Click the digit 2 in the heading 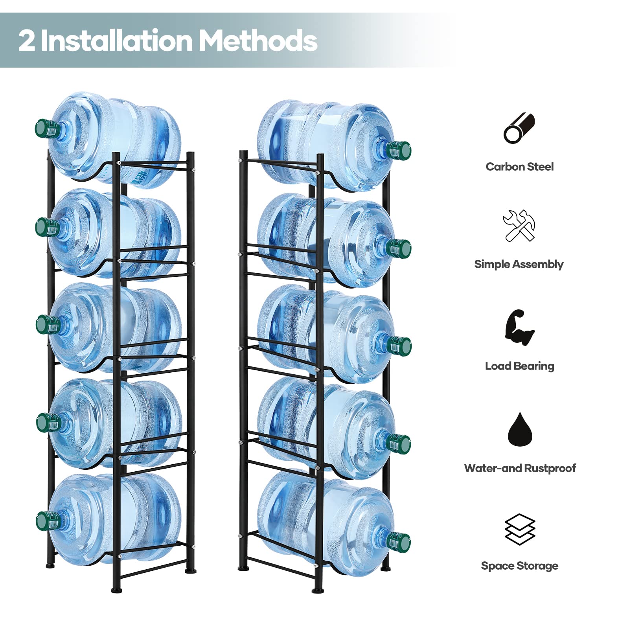click(x=27, y=40)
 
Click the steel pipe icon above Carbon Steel click(x=519, y=128)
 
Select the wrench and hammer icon click(x=519, y=225)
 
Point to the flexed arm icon click(x=519, y=327)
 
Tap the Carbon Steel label click(x=519, y=167)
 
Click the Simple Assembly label click(x=519, y=264)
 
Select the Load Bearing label click(x=519, y=366)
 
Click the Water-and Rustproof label click(x=520, y=468)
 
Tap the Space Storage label click(x=519, y=566)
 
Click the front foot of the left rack click(x=116, y=589)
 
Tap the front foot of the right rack click(x=318, y=590)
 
